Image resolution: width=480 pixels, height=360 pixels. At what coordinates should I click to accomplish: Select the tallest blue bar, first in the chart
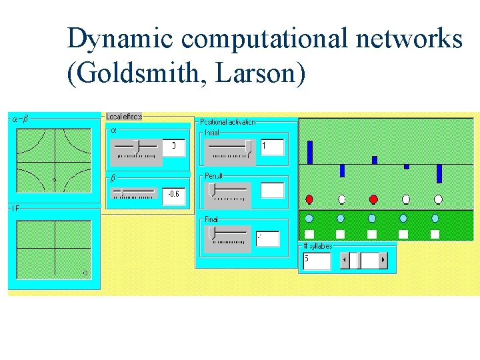[x=309, y=152]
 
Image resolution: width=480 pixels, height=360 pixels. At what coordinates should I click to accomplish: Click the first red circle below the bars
[x=309, y=199]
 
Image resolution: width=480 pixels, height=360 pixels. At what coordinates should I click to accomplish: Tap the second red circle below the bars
[x=373, y=199]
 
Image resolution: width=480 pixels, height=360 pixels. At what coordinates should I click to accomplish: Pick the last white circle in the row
[x=438, y=199]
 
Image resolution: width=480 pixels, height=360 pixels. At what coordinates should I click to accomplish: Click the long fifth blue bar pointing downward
[x=439, y=173]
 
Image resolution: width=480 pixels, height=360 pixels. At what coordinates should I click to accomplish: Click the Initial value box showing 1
[x=272, y=146]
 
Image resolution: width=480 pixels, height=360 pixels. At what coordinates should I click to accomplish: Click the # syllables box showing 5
[x=317, y=259]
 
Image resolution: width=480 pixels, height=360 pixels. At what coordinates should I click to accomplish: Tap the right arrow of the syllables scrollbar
[x=383, y=259]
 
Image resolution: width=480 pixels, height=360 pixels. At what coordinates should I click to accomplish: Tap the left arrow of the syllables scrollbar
[x=345, y=259]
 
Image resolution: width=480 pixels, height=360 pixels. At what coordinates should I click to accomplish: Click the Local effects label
[x=124, y=117]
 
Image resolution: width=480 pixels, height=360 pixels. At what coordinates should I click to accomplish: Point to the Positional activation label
[x=227, y=122]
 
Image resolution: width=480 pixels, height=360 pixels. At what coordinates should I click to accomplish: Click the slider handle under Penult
[x=211, y=190]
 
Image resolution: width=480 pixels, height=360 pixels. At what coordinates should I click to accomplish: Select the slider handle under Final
[x=211, y=233]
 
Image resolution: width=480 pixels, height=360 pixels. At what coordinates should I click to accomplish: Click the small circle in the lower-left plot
[x=85, y=273]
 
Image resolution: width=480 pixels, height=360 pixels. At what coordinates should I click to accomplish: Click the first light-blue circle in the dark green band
[x=309, y=219]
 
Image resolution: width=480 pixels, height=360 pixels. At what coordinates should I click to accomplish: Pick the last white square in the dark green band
[x=435, y=234]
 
